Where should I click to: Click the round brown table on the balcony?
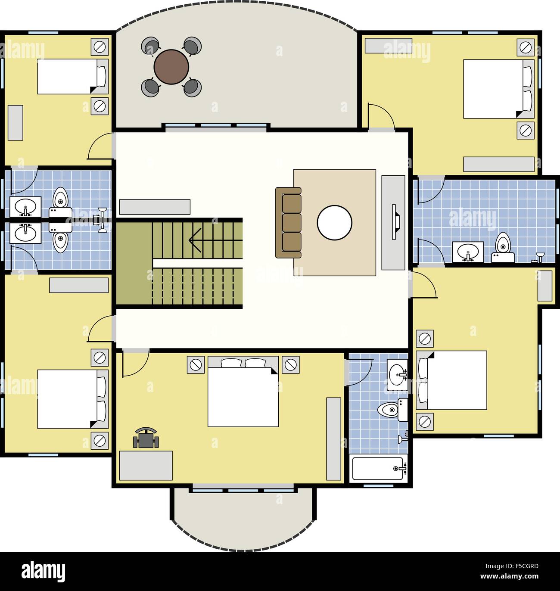coord(171,67)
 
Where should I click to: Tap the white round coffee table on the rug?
coord(334,223)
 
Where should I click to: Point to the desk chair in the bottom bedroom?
coord(146,439)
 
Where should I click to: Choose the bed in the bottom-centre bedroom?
coord(243,392)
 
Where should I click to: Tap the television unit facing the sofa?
coord(393,222)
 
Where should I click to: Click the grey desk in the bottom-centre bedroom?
coord(146,466)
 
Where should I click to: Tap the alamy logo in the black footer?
coord(43,571)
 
